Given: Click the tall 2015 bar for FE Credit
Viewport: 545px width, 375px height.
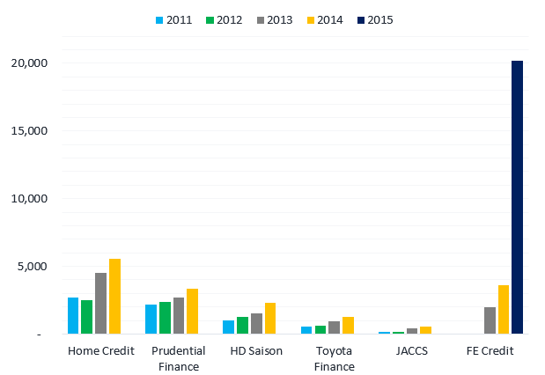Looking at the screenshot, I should pyautogui.click(x=517, y=197).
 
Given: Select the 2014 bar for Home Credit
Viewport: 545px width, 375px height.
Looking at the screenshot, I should pyautogui.click(x=114, y=297).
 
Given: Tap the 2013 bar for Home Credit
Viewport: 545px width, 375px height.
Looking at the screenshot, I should pyautogui.click(x=100, y=304).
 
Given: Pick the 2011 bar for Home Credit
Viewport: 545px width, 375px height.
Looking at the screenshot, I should pyautogui.click(x=73, y=316).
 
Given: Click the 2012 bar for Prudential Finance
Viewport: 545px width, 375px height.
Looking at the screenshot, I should pyautogui.click(x=165, y=318).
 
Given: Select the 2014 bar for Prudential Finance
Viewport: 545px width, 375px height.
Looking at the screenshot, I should pyautogui.click(x=192, y=312).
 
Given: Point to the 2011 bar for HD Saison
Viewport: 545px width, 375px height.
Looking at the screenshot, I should pyautogui.click(x=228, y=327).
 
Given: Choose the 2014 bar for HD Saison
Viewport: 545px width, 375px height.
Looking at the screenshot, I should pyautogui.click(x=270, y=319).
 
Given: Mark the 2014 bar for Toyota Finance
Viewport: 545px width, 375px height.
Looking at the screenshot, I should pyautogui.click(x=348, y=326).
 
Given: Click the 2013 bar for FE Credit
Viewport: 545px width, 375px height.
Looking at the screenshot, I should pyautogui.click(x=490, y=320).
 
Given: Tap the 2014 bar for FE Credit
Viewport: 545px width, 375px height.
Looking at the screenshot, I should pyautogui.click(x=504, y=310).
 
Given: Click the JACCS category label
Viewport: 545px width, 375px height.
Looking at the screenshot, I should pyautogui.click(x=412, y=351).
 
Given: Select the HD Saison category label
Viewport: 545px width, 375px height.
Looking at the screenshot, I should pyautogui.click(x=256, y=351).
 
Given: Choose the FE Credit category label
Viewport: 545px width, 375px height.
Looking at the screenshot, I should pyautogui.click(x=489, y=351).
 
